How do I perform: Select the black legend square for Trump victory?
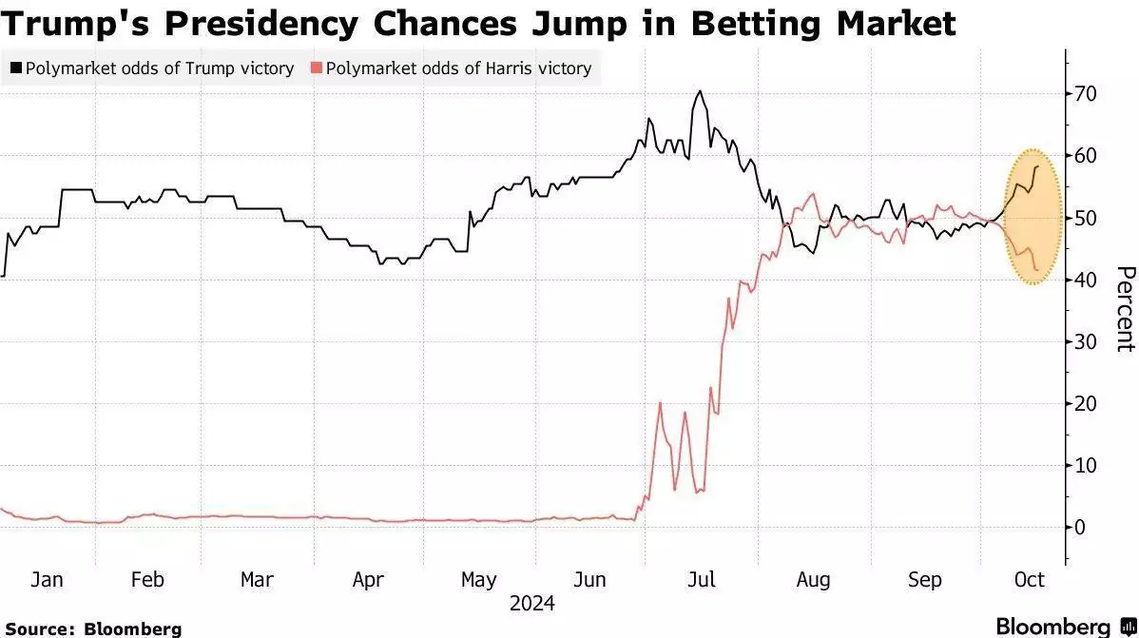pyautogui.click(x=15, y=68)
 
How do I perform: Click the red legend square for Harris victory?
pyautogui.click(x=316, y=68)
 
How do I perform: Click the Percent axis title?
pyautogui.click(x=1125, y=309)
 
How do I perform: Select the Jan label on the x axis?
pyautogui.click(x=47, y=580)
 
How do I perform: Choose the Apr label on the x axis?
pyautogui.click(x=368, y=580)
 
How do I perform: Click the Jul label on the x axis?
pyautogui.click(x=701, y=580)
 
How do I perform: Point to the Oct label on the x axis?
pyautogui.click(x=1029, y=580)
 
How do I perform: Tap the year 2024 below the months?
pyautogui.click(x=531, y=604)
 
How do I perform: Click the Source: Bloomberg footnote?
pyautogui.click(x=93, y=628)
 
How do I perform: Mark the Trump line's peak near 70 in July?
pyautogui.click(x=700, y=91)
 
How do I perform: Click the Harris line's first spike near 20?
pyautogui.click(x=660, y=402)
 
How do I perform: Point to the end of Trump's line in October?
pyautogui.click(x=1037, y=166)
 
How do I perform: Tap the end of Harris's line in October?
pyautogui.click(x=1036, y=270)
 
